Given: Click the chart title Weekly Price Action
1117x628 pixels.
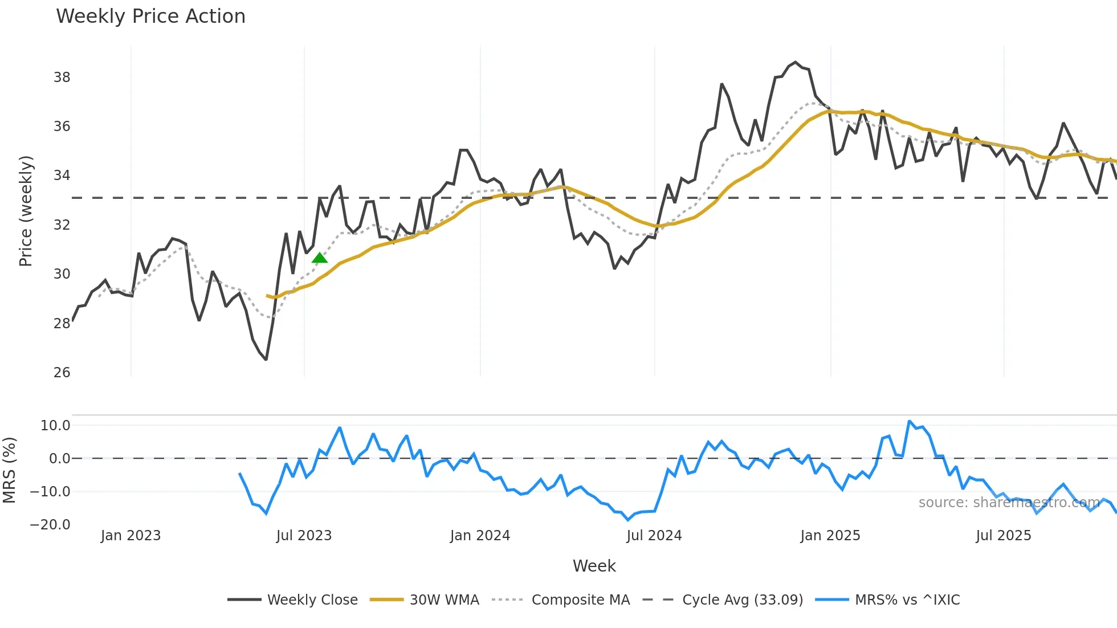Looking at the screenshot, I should click(x=150, y=17).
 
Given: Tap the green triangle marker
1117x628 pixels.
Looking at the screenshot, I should click(x=320, y=258).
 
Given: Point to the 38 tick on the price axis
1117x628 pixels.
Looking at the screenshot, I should click(x=62, y=78).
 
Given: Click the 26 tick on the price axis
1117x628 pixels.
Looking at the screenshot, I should click(x=62, y=373).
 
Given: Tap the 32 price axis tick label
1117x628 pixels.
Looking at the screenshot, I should click(x=62, y=225).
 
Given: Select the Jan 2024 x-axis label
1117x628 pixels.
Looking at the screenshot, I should click(x=480, y=536).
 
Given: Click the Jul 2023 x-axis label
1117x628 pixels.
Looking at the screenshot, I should click(x=304, y=536).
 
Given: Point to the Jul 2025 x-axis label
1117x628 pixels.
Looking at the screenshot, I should click(x=1003, y=536).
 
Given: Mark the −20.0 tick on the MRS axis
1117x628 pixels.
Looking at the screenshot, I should click(x=50, y=525).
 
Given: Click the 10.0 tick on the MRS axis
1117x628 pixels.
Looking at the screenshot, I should click(x=55, y=426).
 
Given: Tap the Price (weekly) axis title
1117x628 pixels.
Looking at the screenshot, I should click(x=26, y=211).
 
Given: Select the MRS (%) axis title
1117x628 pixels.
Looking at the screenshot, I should click(x=9, y=470).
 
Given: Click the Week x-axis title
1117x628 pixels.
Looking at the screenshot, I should click(x=594, y=566).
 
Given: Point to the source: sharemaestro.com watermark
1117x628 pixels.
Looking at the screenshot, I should click(x=1009, y=503).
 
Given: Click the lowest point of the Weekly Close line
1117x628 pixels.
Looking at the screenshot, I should click(x=266, y=360).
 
